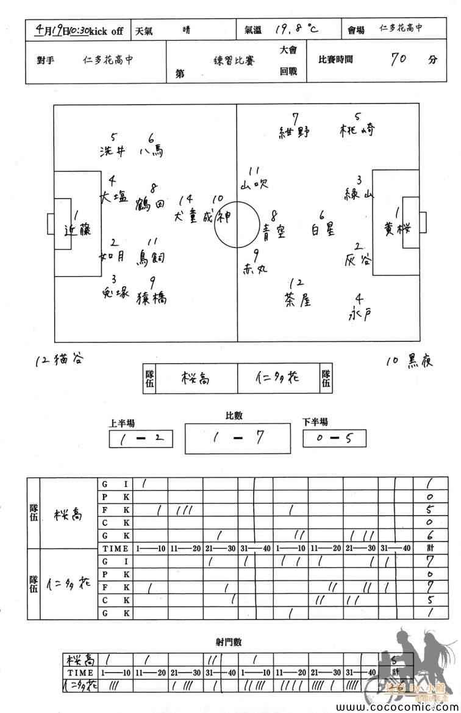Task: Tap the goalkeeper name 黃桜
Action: tap(397, 229)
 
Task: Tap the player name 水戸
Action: tap(360, 314)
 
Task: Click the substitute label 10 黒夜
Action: tap(409, 361)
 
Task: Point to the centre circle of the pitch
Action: tap(237, 224)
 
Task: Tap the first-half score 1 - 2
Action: tap(141, 439)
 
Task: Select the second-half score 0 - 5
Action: tap(334, 439)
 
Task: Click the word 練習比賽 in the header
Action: tap(227, 61)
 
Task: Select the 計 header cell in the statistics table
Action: tap(431, 549)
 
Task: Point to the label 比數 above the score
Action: tap(234, 416)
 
